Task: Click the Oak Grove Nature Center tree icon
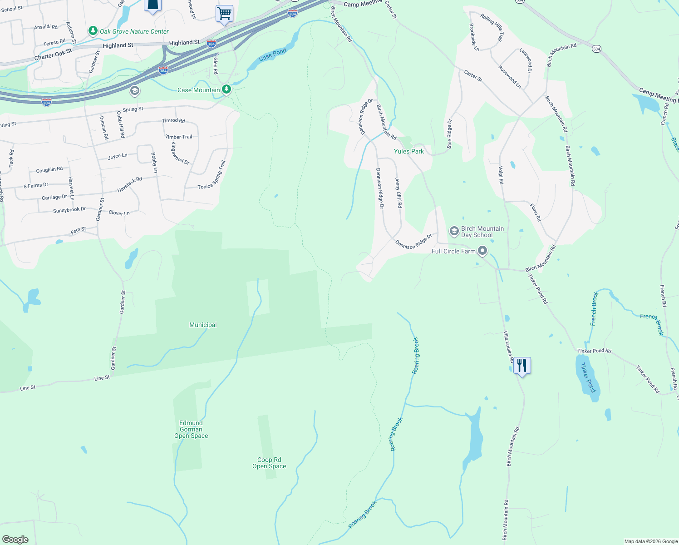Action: (93, 31)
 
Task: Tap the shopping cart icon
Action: (224, 13)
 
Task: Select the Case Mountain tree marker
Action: (226, 89)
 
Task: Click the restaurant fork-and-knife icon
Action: (522, 365)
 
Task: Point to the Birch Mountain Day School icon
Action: (454, 231)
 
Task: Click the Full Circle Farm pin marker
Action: (482, 251)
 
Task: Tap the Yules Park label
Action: (408, 151)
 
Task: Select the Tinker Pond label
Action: (588, 377)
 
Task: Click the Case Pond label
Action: (272, 55)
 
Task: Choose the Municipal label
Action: (203, 325)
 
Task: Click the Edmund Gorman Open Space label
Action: (191, 429)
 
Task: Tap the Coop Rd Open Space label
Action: (269, 463)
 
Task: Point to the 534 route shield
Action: (596, 49)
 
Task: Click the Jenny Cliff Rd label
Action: (399, 193)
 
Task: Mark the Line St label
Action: (102, 378)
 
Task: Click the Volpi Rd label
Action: (501, 175)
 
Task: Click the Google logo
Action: (15, 539)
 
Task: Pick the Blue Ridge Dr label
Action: (449, 134)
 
